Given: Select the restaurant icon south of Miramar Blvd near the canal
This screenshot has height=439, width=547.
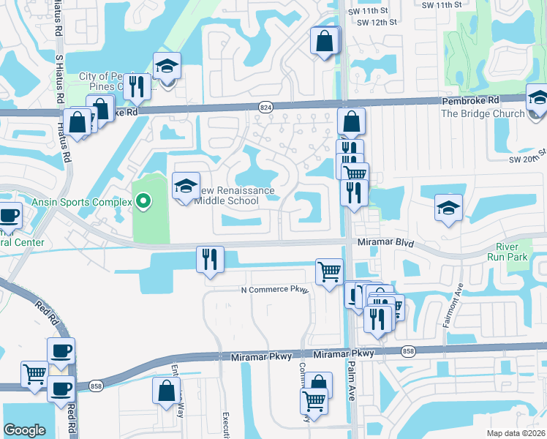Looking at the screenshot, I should (210, 260).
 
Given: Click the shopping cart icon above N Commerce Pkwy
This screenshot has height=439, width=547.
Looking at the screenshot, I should (330, 271).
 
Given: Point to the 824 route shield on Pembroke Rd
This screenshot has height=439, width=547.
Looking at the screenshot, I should (265, 108).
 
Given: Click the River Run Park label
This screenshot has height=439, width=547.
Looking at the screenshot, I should (507, 252).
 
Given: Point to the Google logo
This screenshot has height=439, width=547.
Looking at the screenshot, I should (25, 430).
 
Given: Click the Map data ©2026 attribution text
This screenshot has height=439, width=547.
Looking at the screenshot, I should (516, 433).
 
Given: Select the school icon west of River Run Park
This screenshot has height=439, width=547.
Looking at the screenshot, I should (448, 208).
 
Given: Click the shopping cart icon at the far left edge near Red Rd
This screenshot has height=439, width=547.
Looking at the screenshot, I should (34, 375).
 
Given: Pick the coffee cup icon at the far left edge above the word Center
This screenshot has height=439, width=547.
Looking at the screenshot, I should (9, 216).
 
